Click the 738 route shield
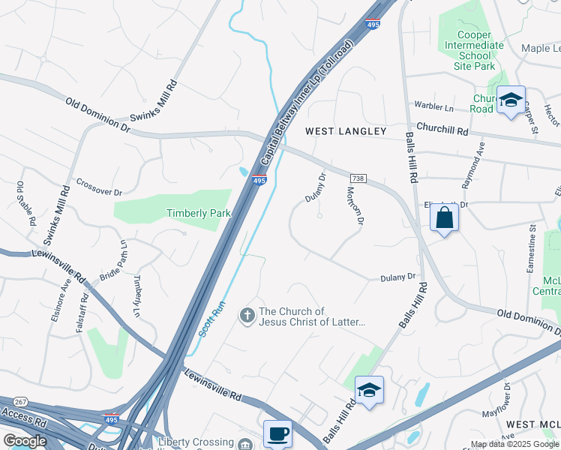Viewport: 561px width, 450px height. pyautogui.click(x=358, y=178)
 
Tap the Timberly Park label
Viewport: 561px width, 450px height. pyautogui.click(x=198, y=213)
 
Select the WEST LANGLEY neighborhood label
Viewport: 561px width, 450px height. pyautogui.click(x=345, y=131)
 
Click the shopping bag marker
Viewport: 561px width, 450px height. pyautogui.click(x=444, y=219)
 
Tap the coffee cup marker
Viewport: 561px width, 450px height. pyautogui.click(x=277, y=434)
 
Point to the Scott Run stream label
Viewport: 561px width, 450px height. pyautogui.click(x=212, y=318)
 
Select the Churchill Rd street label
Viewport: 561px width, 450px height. pyautogui.click(x=442, y=129)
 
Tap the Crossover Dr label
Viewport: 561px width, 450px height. pyautogui.click(x=99, y=184)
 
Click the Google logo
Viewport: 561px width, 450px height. pyautogui.click(x=25, y=441)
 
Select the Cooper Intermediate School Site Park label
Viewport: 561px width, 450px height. pyautogui.click(x=484, y=50)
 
